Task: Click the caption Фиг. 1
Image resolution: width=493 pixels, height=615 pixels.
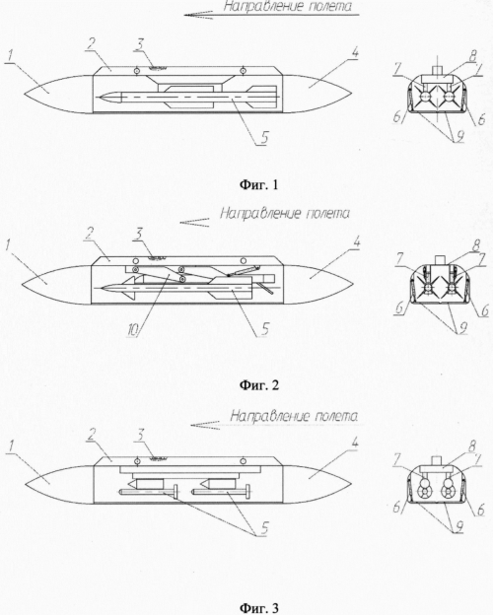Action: [x=258, y=184]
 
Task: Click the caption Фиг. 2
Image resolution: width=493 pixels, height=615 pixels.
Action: [x=259, y=385]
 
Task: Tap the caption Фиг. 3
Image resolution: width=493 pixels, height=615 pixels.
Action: [x=259, y=608]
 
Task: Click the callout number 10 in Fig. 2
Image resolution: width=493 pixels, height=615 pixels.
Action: [x=134, y=330]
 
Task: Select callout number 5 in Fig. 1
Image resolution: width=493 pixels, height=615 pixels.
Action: [x=264, y=138]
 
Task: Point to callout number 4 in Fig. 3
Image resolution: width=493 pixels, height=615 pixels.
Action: [x=354, y=444]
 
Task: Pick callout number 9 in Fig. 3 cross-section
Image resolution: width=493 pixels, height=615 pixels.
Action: [x=458, y=526]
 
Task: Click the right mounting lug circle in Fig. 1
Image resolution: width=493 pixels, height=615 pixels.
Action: [x=243, y=71]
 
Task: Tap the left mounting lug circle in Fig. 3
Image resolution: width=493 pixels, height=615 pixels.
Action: [x=137, y=460]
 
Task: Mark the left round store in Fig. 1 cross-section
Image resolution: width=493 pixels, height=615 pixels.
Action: [x=424, y=97]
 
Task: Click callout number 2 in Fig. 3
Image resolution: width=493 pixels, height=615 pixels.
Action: [x=91, y=435]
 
